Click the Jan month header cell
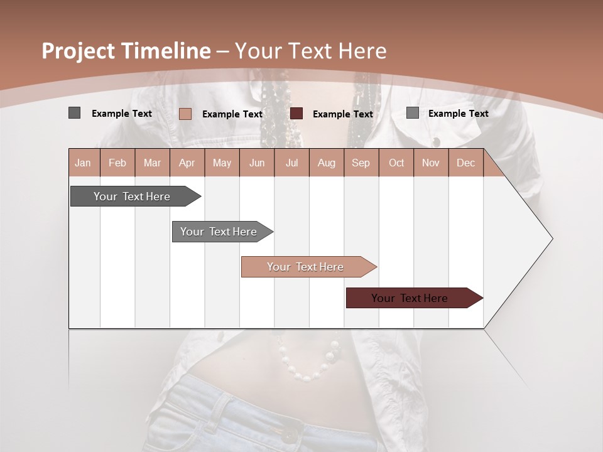point(84,163)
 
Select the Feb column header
point(117,163)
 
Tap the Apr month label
point(187,163)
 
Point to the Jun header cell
point(257,163)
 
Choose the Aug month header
point(326,163)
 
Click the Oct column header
point(396,163)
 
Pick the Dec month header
point(465,163)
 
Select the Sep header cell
point(361,163)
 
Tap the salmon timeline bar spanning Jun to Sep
point(306,267)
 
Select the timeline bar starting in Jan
point(133,196)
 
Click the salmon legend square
point(185,114)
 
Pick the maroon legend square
point(296,114)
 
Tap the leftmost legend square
point(74,113)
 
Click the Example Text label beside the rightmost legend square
point(458,113)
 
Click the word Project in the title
point(78,51)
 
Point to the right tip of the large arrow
point(551,239)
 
